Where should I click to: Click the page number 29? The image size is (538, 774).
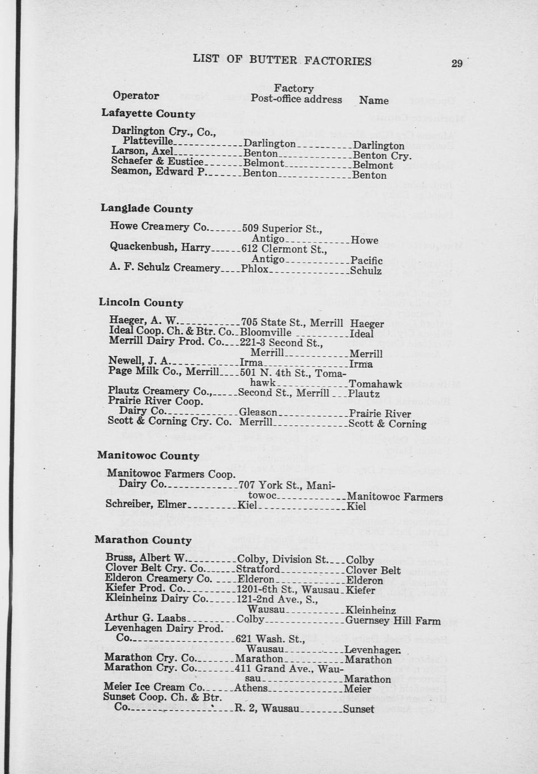(x=457, y=63)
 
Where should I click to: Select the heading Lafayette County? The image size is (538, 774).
(x=148, y=113)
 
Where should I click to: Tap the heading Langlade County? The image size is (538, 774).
(x=146, y=209)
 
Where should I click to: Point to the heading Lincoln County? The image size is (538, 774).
(x=141, y=302)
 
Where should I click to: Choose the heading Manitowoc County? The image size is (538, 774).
(x=148, y=455)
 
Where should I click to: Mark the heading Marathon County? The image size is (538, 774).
(x=143, y=540)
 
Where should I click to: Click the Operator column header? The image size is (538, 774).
(x=136, y=95)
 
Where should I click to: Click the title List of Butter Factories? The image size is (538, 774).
(x=282, y=59)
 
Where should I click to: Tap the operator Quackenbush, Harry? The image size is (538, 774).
(x=160, y=247)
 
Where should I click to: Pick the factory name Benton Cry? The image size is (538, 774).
(x=382, y=155)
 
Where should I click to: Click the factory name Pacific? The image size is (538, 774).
(x=367, y=260)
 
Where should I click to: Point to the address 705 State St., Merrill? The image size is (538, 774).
(x=291, y=322)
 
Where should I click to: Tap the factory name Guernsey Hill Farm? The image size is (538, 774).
(x=392, y=620)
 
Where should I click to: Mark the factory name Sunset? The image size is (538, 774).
(x=358, y=709)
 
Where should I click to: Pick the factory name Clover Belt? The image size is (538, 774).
(x=373, y=570)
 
